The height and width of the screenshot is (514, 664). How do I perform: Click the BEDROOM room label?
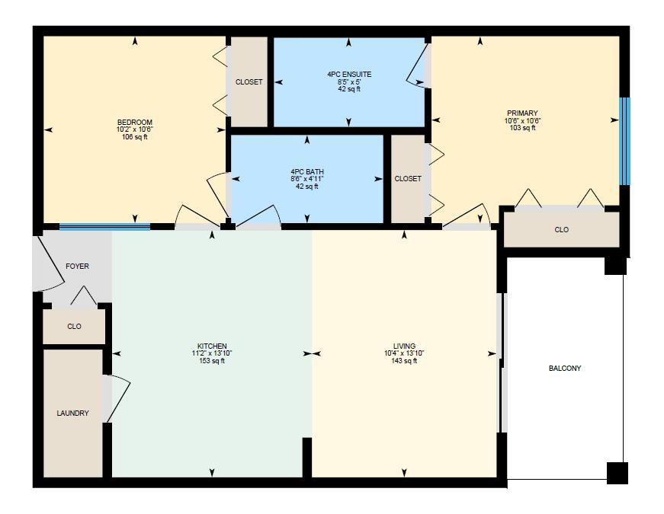[135, 123]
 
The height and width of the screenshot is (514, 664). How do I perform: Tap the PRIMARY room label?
[522, 113]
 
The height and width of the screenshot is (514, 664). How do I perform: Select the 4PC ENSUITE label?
[349, 75]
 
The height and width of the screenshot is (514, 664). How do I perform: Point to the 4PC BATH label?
[307, 172]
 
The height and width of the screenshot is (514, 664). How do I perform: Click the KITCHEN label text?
[212, 346]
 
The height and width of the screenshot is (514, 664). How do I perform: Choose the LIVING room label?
[404, 346]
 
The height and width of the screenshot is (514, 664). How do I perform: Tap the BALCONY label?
[565, 368]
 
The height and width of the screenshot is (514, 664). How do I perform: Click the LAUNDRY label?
[73, 413]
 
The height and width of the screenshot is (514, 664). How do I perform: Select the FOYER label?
[78, 266]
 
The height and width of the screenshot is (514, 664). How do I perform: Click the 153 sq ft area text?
[212, 361]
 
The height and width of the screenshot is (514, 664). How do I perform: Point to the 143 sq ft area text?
[404, 361]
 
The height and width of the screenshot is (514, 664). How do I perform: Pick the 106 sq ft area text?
[135, 137]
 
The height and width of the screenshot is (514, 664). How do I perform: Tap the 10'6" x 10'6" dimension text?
[522, 120]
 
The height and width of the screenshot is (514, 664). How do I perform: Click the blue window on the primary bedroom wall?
[624, 142]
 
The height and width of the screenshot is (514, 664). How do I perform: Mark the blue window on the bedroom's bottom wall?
[104, 227]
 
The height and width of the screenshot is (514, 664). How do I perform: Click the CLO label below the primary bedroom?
[562, 230]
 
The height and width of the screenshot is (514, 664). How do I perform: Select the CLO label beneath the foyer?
[74, 326]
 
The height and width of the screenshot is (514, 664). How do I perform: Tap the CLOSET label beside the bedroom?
[249, 81]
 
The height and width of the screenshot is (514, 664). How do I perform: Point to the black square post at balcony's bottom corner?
[617, 473]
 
